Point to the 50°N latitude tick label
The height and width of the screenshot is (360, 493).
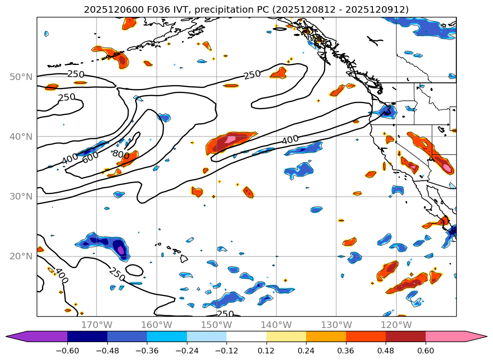[x=21, y=77]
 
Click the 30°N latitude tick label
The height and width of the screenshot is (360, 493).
[x=21, y=196]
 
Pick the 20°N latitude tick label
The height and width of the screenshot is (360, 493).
[x=21, y=256]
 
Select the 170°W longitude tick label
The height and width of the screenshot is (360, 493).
[x=97, y=325]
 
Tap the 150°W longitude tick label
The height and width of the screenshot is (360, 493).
[x=216, y=325]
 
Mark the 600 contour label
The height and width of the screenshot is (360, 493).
[x=90, y=158]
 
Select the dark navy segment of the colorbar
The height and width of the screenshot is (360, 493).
[x=87, y=336]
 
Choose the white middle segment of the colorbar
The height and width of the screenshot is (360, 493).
[x=246, y=336]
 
